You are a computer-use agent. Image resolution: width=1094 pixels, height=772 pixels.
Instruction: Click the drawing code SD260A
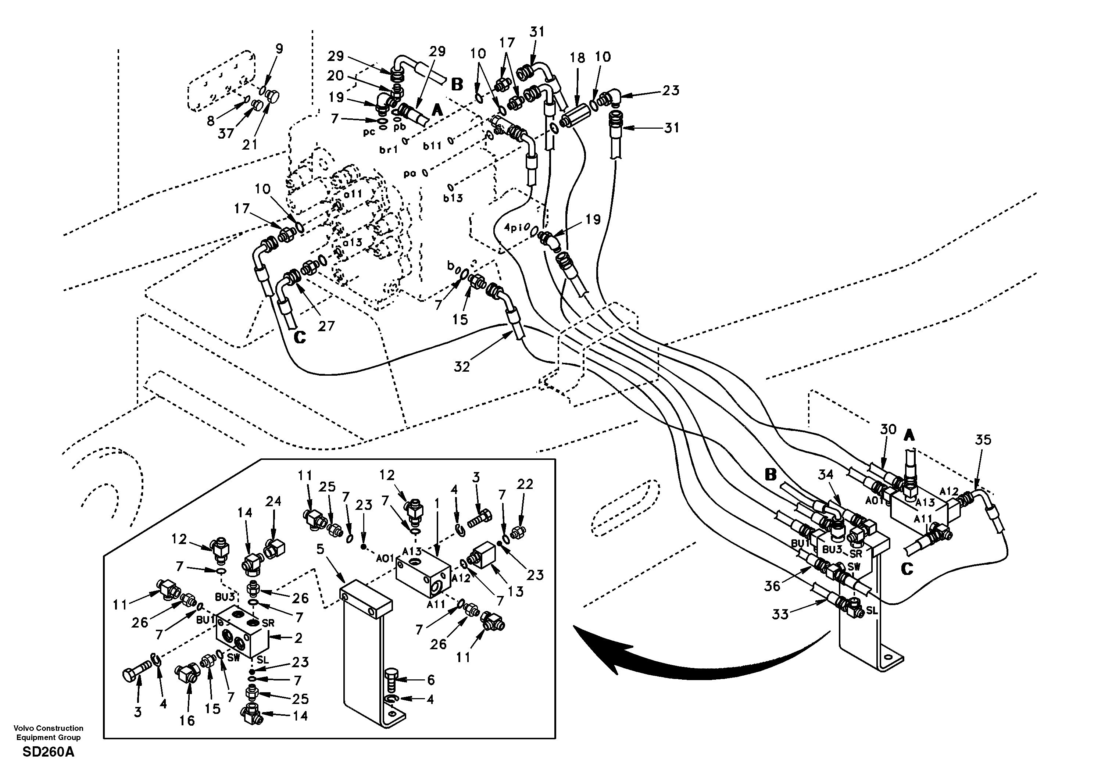[48, 753]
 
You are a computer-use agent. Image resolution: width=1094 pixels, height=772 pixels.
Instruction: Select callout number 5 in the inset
[320, 549]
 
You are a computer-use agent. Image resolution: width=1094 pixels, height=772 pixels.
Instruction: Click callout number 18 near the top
[577, 58]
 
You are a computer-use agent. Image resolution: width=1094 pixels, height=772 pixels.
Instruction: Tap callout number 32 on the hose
[462, 367]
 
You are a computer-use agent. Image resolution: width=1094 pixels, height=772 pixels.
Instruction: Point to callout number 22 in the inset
[525, 484]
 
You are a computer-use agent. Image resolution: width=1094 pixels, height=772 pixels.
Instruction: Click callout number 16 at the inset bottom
[187, 721]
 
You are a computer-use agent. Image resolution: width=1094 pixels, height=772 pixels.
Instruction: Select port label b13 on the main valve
[453, 197]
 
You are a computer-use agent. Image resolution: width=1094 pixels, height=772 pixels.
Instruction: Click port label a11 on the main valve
[354, 194]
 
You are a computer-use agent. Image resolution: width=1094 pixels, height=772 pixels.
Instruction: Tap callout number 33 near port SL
[780, 615]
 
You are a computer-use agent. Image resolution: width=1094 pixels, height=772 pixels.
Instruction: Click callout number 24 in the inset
[273, 501]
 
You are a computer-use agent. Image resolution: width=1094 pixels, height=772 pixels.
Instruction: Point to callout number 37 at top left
[226, 133]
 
